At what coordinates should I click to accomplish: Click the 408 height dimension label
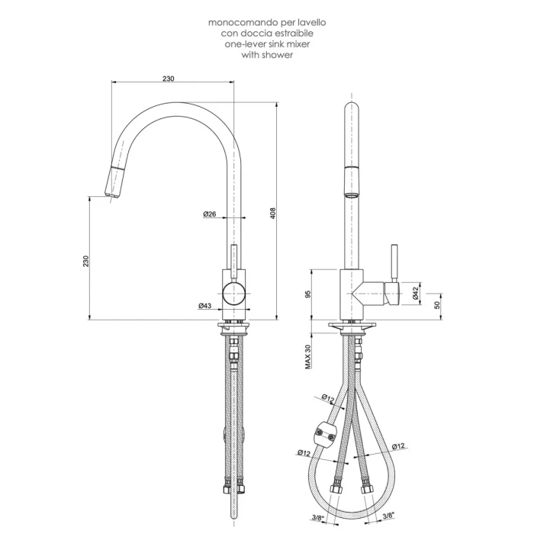click(273, 213)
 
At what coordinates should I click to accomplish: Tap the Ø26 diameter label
click(210, 214)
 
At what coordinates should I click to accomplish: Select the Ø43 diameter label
click(205, 306)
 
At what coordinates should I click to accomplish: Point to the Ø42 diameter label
click(415, 293)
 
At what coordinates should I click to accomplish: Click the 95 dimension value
click(308, 294)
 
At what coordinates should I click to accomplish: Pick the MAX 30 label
click(308, 356)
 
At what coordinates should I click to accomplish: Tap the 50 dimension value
click(437, 305)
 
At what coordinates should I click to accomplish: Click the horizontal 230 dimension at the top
click(169, 79)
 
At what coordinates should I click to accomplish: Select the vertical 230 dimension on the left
click(85, 261)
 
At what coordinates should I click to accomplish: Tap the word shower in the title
click(277, 55)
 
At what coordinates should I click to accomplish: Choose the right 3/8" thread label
click(388, 516)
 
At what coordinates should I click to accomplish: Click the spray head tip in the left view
click(111, 195)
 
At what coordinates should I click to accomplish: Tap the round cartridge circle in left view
click(233, 293)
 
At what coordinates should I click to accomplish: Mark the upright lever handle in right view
click(394, 262)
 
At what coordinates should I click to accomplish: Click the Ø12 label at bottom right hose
click(397, 446)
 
